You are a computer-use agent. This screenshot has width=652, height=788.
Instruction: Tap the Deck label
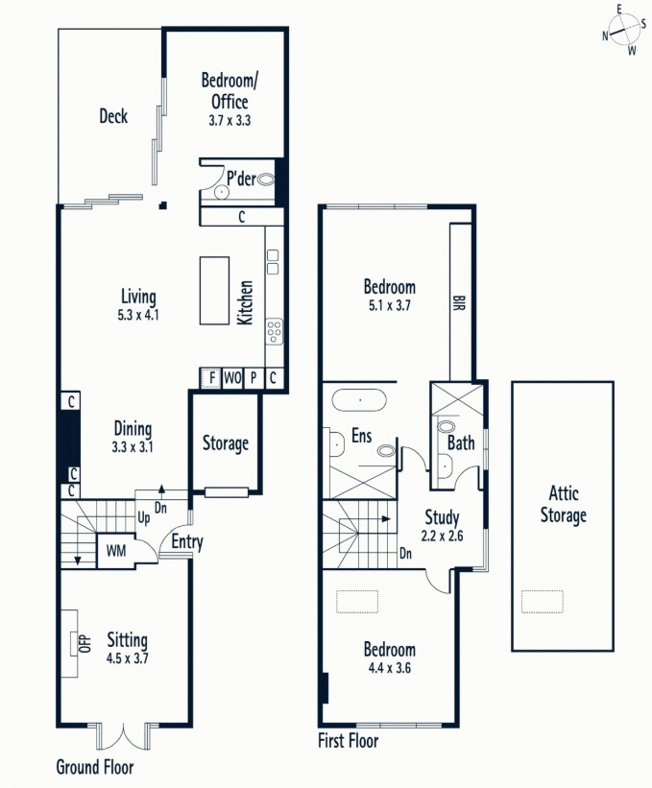(113, 117)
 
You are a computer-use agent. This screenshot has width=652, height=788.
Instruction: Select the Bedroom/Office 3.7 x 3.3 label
(227, 99)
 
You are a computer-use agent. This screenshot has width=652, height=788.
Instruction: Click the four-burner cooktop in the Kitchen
(274, 331)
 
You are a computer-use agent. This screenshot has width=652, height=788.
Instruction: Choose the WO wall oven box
(231, 377)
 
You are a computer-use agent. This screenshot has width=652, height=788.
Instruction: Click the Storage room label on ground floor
(226, 443)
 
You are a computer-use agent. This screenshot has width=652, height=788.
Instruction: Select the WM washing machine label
(114, 551)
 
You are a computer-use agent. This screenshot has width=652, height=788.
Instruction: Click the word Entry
(186, 542)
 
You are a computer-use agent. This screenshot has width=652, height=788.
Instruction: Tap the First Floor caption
(348, 741)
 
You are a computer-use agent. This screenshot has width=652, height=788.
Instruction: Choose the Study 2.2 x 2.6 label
(443, 527)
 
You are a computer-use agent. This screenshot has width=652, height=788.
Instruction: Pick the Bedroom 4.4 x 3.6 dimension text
(389, 668)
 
